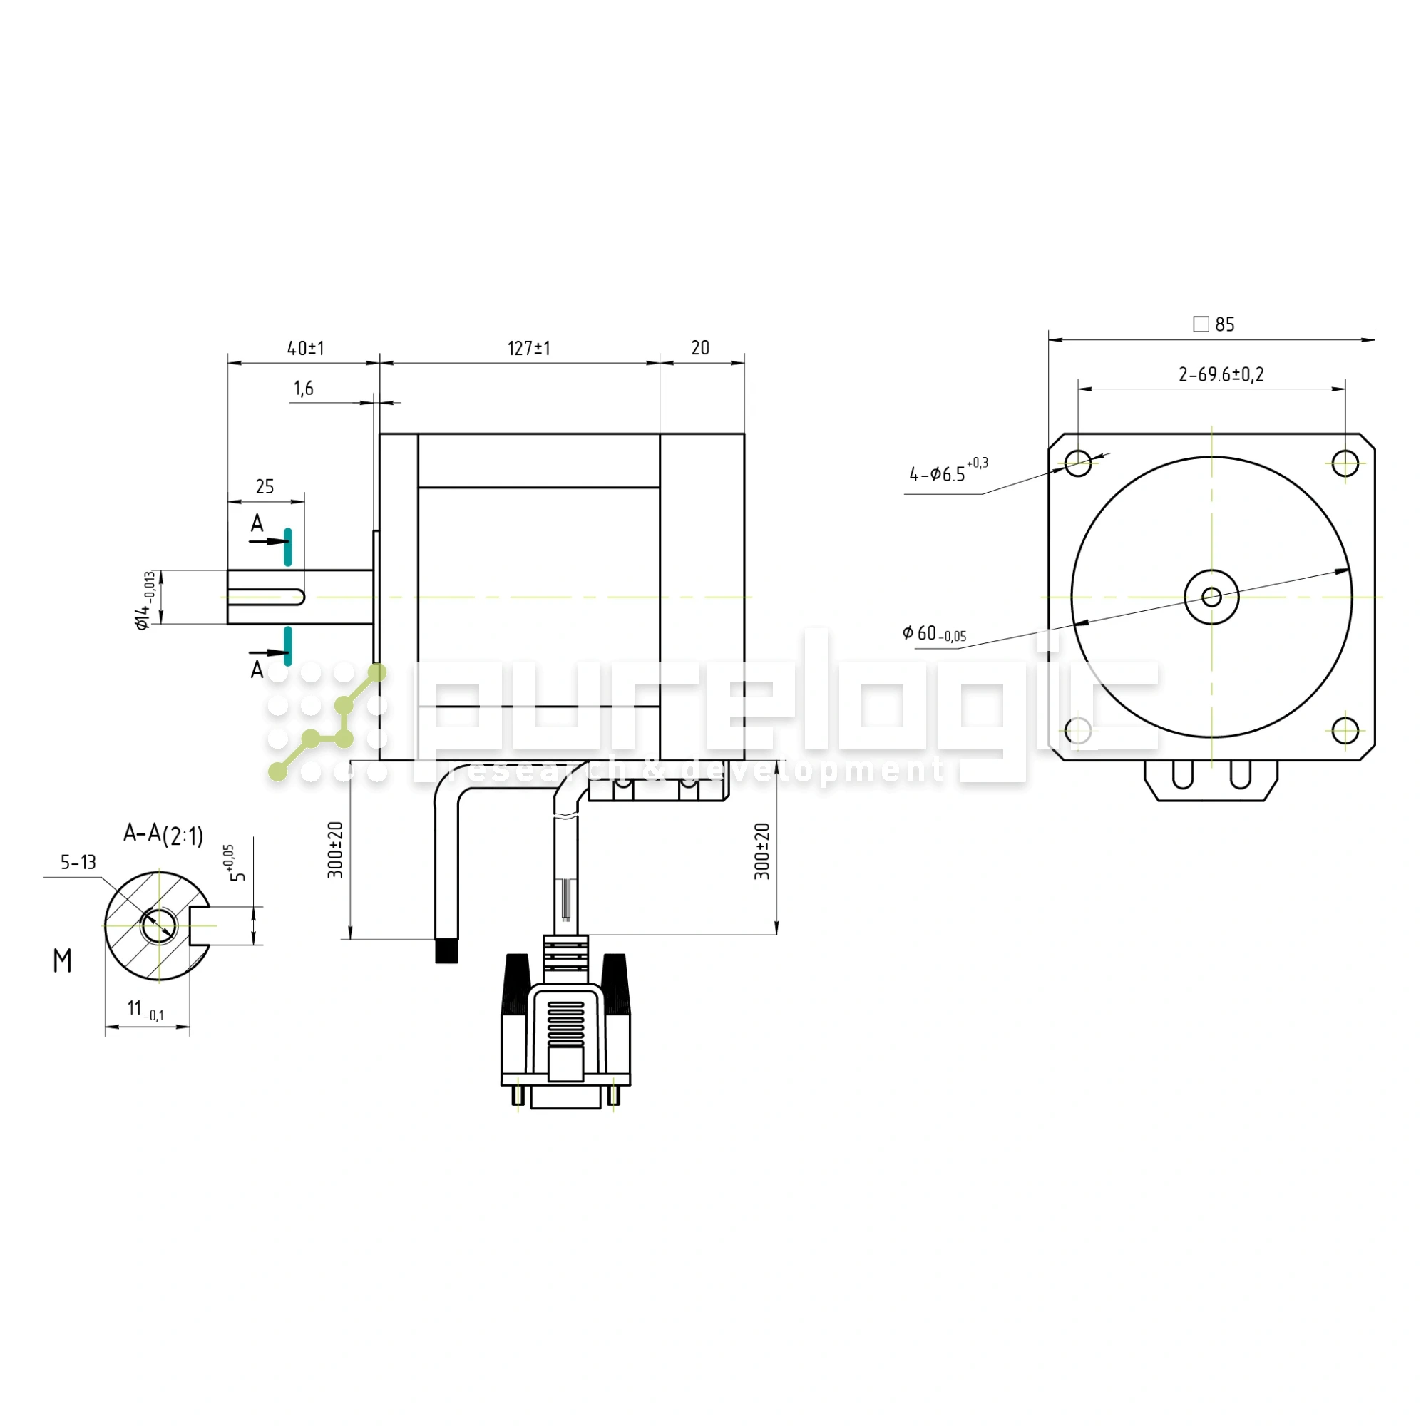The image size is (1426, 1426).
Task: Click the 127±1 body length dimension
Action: click(528, 349)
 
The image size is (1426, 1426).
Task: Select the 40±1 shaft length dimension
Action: click(306, 349)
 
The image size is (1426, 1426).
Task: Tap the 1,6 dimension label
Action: click(303, 389)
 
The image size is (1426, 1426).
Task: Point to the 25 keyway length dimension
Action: click(265, 487)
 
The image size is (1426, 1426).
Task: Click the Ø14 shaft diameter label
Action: click(145, 600)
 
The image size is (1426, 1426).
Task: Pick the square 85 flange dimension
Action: click(1214, 324)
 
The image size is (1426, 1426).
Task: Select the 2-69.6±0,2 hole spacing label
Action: click(1221, 375)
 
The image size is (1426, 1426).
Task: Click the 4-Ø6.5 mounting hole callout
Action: click(948, 470)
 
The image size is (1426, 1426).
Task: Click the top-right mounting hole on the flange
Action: click(1345, 463)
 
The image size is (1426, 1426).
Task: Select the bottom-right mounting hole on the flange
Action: click(1345, 731)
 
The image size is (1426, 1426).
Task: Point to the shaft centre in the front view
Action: click(1212, 597)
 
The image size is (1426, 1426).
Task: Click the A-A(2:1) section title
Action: click(163, 835)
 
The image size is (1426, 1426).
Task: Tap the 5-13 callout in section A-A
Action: click(78, 862)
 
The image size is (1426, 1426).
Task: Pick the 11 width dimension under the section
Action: click(145, 1010)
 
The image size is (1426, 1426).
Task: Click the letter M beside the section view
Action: click(63, 960)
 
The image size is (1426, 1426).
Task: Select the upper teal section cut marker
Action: click(288, 547)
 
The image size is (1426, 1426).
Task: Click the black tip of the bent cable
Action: click(446, 950)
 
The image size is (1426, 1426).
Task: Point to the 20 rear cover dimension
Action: click(700, 349)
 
